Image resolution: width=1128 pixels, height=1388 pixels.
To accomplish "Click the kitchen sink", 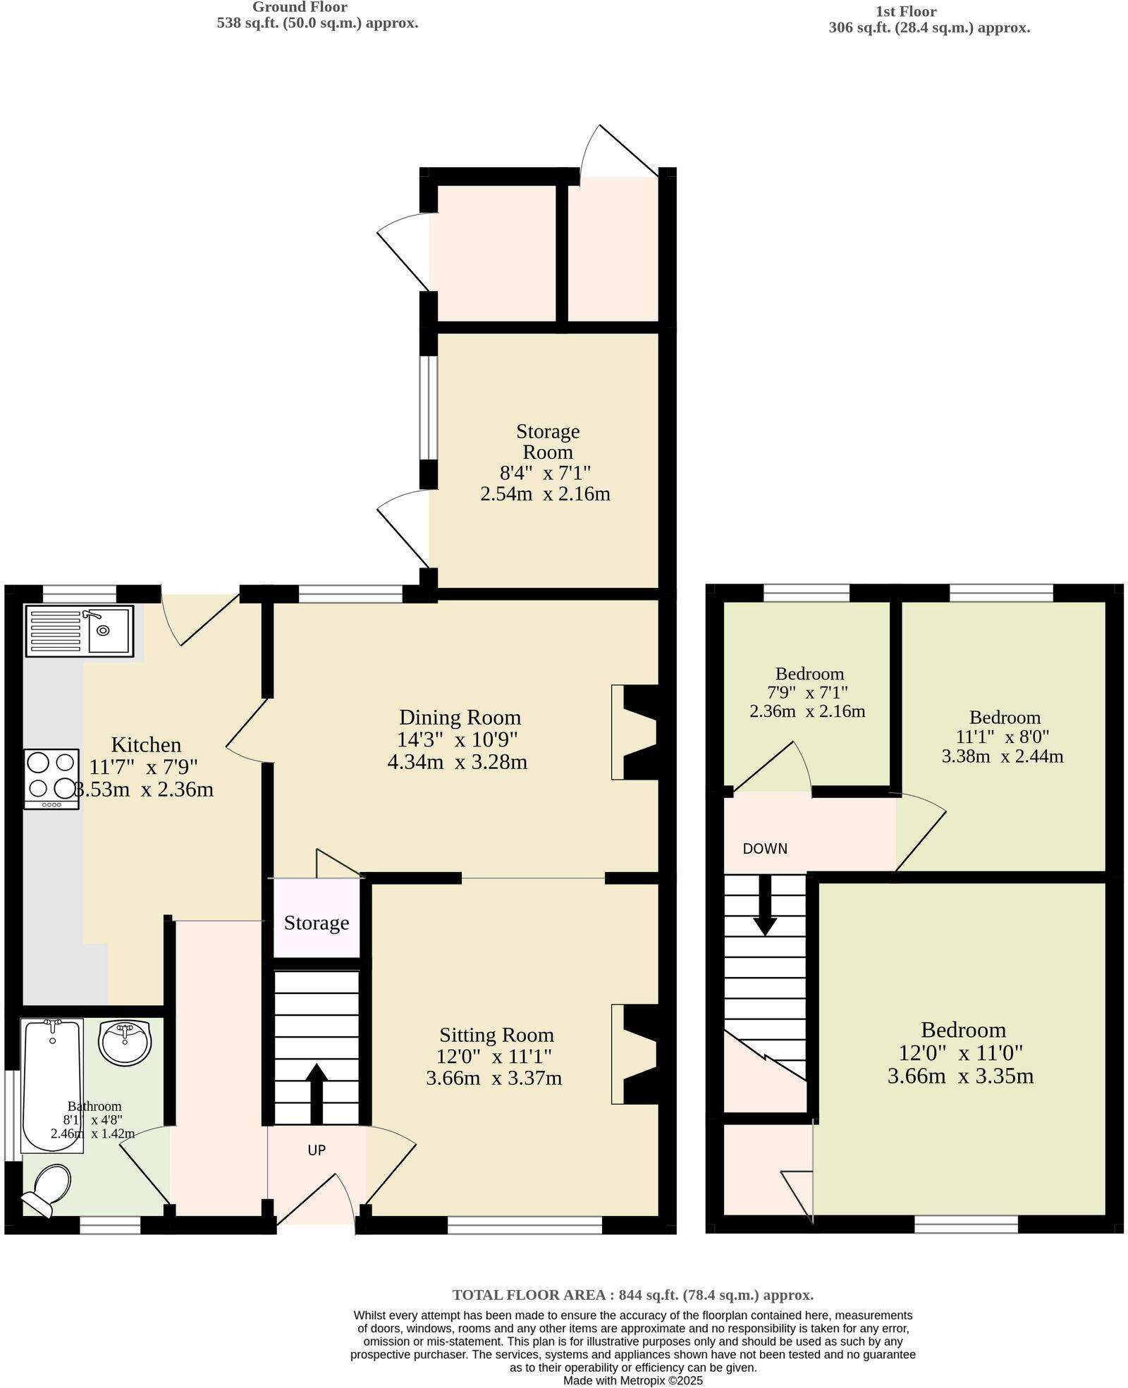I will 79,630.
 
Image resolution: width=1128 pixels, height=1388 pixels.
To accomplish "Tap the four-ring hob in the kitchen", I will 51,778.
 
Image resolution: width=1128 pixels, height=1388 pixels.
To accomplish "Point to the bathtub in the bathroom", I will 53,1084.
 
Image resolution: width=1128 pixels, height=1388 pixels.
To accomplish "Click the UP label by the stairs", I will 317,1150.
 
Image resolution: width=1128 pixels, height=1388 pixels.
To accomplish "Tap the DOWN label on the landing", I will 765,849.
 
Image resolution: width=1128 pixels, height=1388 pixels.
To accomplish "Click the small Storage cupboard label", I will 317,923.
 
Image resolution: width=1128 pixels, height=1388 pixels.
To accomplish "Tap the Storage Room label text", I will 547,441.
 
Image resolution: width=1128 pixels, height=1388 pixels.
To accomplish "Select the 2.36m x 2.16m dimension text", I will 807,711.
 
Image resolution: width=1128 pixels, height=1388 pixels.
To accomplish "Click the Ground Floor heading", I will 300,7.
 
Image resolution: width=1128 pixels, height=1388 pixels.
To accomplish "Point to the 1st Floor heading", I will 905,12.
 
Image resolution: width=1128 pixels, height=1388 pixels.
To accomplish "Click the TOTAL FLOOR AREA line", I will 632,1295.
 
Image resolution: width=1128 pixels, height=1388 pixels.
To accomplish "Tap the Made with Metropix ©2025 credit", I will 632,1381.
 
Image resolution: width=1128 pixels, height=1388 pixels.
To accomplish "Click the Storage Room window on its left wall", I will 428,407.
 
